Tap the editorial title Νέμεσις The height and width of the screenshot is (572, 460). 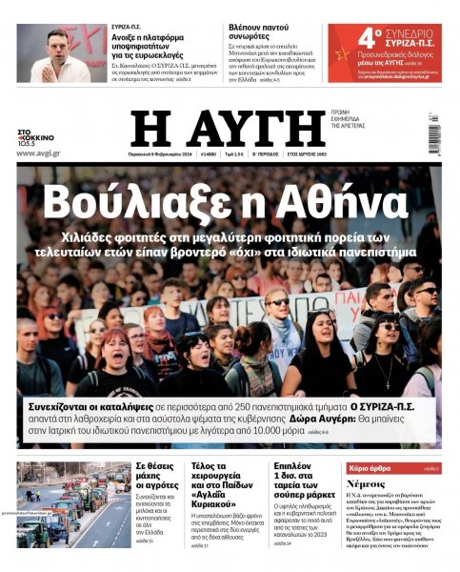tap(365, 485)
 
